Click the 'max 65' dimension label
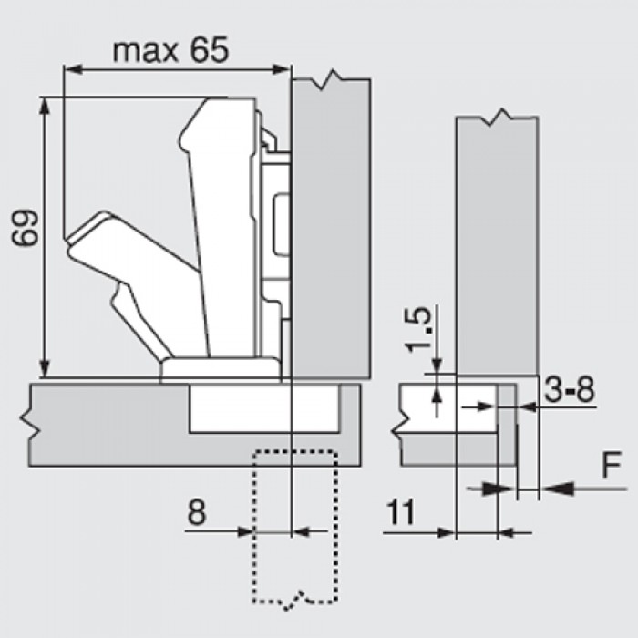click(171, 50)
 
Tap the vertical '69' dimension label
click(26, 228)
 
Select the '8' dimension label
click(197, 512)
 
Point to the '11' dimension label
click(401, 512)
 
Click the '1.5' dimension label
click(418, 330)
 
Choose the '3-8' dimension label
click(570, 390)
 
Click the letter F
click(612, 464)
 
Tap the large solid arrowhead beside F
click(558, 489)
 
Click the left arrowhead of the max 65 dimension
click(72, 69)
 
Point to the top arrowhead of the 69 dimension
click(45, 107)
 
